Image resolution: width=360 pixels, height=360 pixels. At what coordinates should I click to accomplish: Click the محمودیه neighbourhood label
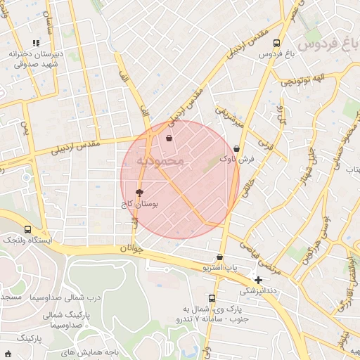coord(160,161)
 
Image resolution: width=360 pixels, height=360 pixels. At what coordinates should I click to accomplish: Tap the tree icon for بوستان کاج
coord(139,192)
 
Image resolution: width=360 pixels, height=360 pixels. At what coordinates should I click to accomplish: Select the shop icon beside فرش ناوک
coord(236,148)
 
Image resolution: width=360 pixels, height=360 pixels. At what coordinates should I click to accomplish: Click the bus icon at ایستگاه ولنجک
coord(27,229)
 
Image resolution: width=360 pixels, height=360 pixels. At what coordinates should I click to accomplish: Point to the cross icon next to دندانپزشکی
coord(259,280)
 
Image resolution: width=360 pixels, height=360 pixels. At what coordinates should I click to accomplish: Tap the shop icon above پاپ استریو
coord(220,257)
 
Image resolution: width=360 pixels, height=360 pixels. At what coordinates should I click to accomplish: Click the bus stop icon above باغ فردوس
coord(276,43)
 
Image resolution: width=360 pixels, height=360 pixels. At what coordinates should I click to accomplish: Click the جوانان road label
coord(131,248)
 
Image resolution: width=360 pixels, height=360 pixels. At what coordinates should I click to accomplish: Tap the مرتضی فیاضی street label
coord(260,257)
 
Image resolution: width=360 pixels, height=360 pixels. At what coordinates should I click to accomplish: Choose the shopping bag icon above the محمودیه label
coord(169,138)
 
